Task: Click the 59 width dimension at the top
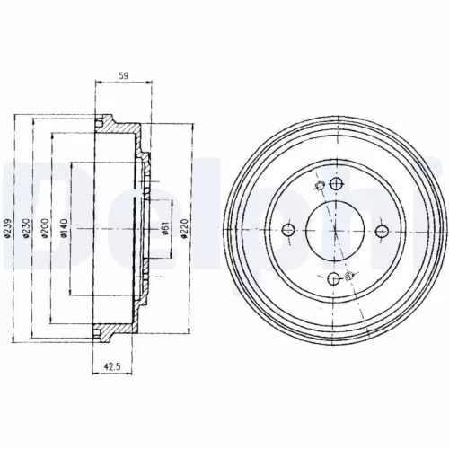(x=124, y=77)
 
